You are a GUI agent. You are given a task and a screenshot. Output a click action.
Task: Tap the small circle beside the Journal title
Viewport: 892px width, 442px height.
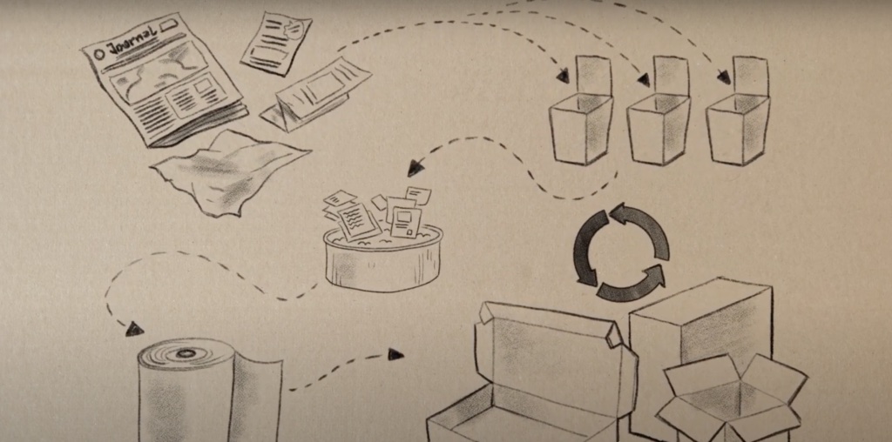[99, 53]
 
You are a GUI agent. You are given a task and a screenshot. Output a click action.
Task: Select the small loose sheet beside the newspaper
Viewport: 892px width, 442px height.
[276, 42]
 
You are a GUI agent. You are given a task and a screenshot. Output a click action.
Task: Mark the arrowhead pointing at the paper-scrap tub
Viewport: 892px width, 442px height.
[416, 167]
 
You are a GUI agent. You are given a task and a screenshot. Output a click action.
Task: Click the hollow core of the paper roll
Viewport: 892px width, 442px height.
[185, 353]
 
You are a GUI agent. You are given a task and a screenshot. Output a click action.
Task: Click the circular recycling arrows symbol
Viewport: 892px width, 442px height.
[621, 252]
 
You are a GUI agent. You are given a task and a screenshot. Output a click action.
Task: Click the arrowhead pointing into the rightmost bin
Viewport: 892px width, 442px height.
[723, 78]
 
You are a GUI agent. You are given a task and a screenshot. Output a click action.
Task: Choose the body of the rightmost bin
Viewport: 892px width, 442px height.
[737, 131]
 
